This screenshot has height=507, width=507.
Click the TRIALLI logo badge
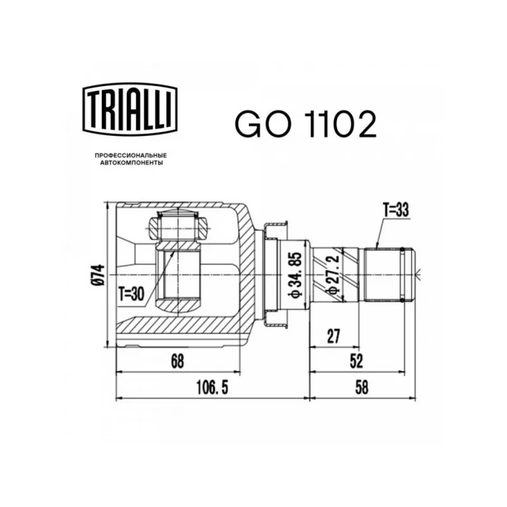(x=131, y=109)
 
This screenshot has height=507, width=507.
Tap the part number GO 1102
(x=306, y=124)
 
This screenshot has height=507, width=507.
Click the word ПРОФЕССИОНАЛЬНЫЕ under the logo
(x=131, y=156)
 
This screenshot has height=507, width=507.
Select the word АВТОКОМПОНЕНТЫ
(x=131, y=164)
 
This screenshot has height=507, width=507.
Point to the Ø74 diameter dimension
(x=99, y=274)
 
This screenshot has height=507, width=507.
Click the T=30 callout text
(x=131, y=294)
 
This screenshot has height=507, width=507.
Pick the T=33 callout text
(x=395, y=210)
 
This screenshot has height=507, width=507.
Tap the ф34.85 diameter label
(x=295, y=274)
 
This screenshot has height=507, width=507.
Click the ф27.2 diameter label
(x=333, y=274)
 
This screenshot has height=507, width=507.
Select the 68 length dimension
(x=177, y=361)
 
